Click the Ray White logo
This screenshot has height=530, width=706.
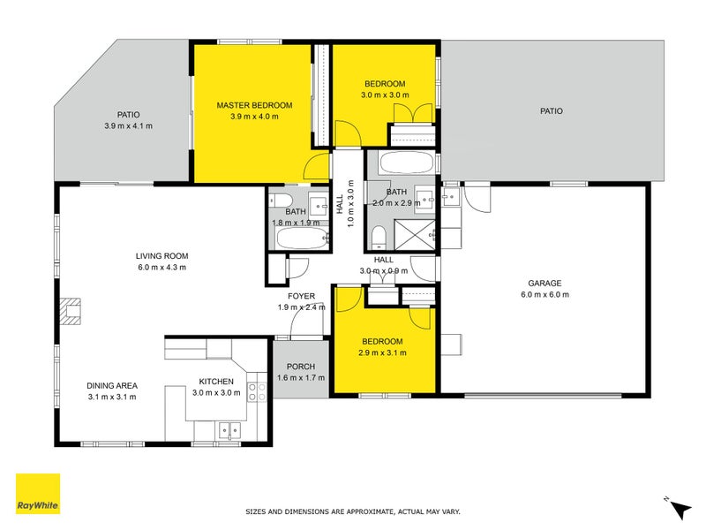pos(38,494)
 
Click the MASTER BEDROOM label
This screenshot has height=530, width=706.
pos(254,105)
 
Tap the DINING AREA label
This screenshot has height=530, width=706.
pos(111,385)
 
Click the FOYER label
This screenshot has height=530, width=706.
pos(301,296)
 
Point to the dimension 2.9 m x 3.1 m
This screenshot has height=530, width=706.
pos(382,352)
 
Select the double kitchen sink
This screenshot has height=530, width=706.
pos(229,431)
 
